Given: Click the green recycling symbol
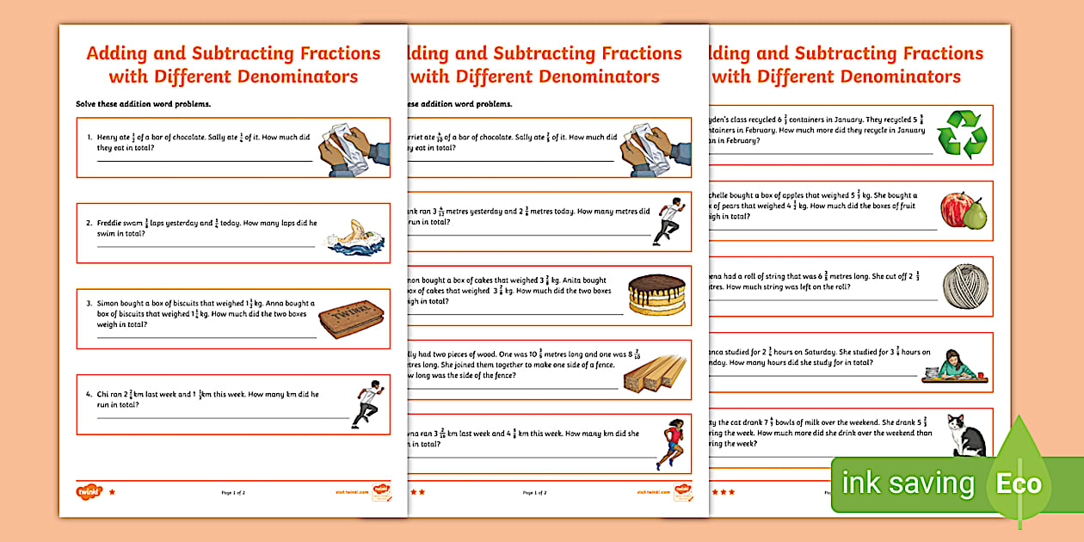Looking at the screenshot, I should pos(962,134).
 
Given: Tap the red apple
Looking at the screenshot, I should pos(956,209).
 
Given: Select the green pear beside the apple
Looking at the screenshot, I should pos(976,214).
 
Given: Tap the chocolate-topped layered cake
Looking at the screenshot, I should pos(656,295).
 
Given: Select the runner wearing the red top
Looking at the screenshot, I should pos(672,444).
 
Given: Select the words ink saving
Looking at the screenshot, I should pos(908,483).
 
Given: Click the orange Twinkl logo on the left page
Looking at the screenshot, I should pos(89,492).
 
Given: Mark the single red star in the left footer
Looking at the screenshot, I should pos(111,492).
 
